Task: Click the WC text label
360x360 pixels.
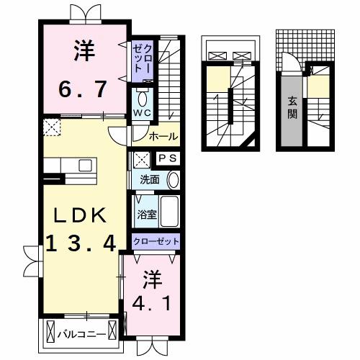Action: click(141, 114)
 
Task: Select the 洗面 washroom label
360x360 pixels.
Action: click(149, 179)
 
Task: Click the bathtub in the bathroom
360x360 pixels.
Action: click(168, 212)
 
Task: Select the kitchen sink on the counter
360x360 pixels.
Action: click(85, 166)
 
